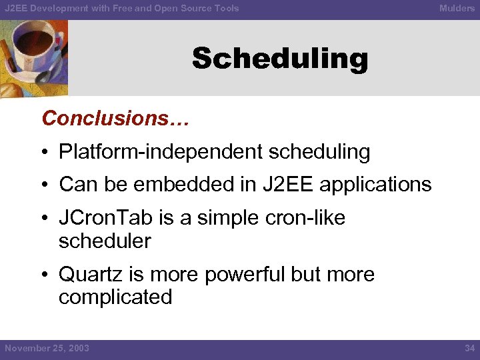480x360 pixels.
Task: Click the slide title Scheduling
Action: point(280,59)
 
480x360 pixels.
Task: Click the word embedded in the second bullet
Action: point(193,184)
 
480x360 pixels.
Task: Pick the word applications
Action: point(375,184)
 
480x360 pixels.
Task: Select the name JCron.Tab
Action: point(101,218)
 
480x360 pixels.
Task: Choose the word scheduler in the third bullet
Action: point(105,241)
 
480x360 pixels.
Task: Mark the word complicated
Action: point(115,297)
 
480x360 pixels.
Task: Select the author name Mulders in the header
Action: point(457,8)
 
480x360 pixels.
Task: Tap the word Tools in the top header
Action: point(225,8)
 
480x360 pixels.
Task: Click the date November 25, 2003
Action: point(47,348)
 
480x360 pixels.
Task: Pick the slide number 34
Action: point(469,348)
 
